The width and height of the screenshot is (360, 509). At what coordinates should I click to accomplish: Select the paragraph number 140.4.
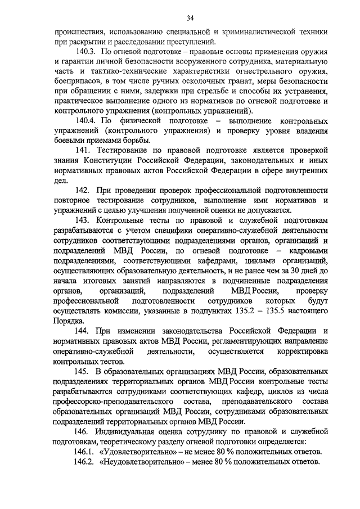point(85,121)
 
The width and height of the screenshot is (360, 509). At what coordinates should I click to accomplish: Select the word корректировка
point(303,350)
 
